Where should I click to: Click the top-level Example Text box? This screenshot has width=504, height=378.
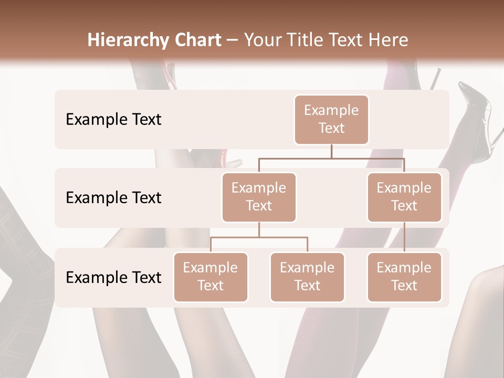(x=331, y=119)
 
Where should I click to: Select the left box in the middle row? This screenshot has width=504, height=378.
(x=259, y=197)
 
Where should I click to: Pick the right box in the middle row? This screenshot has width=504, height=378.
(x=404, y=197)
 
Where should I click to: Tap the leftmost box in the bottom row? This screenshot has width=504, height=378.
(x=211, y=277)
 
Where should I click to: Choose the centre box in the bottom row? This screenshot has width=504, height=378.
(x=307, y=277)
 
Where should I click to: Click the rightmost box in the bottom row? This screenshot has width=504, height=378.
(x=404, y=277)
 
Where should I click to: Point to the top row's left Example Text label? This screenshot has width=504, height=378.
(x=113, y=119)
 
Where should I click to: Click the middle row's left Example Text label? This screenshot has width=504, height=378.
(x=113, y=197)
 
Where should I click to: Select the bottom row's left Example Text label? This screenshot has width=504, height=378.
(x=113, y=277)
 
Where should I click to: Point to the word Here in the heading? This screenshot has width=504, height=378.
(x=389, y=40)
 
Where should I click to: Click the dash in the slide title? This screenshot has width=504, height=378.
(x=233, y=40)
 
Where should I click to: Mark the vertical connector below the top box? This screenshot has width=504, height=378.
(x=331, y=151)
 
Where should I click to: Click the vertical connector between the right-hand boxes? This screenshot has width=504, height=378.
(x=404, y=237)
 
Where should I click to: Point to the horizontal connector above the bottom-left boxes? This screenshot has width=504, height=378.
(x=259, y=237)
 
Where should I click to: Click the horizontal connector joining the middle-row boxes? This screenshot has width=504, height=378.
(x=331, y=158)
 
